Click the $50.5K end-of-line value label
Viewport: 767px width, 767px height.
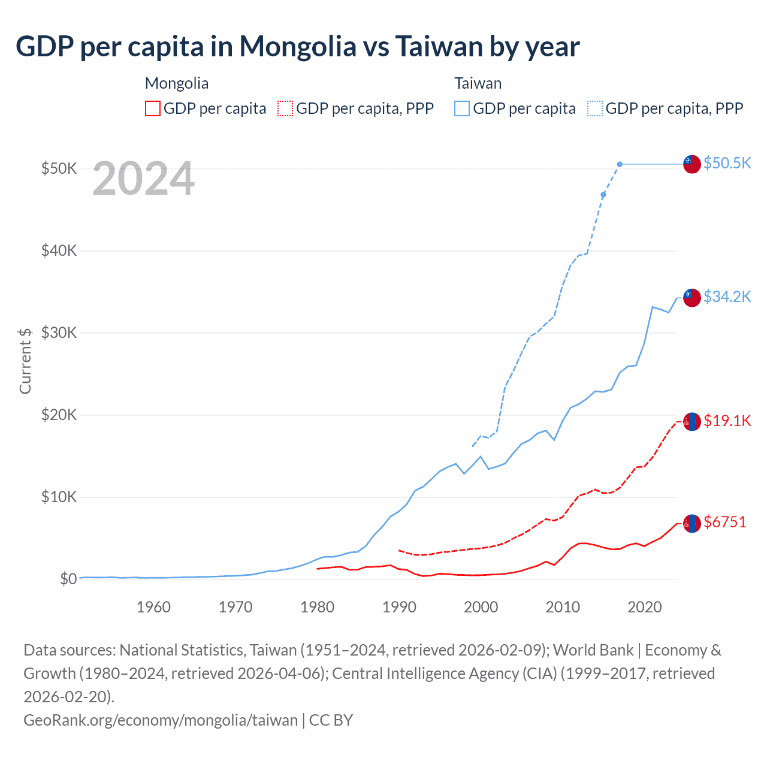click(727, 163)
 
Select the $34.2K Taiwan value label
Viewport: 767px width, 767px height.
click(727, 297)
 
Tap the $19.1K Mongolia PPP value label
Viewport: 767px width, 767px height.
click(727, 421)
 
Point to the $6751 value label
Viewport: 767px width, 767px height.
click(725, 522)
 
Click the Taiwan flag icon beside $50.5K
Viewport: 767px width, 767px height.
click(692, 164)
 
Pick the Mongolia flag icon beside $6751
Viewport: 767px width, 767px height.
click(692, 523)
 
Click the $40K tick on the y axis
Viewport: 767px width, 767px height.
click(59, 250)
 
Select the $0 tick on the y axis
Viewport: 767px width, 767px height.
click(68, 579)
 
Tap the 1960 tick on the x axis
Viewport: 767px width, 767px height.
click(153, 607)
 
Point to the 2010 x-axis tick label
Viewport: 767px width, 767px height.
click(563, 607)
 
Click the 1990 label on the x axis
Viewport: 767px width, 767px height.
click(399, 607)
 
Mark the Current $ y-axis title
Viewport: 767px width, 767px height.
click(25, 361)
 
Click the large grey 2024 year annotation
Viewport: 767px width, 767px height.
click(144, 179)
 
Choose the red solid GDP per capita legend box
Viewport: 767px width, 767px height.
click(153, 108)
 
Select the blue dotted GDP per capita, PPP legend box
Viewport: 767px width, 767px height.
click(595, 108)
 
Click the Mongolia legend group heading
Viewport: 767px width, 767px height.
click(177, 83)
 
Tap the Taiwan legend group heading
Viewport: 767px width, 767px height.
click(478, 83)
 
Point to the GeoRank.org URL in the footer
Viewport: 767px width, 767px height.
click(161, 720)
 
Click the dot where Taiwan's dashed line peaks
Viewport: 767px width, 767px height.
click(620, 164)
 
